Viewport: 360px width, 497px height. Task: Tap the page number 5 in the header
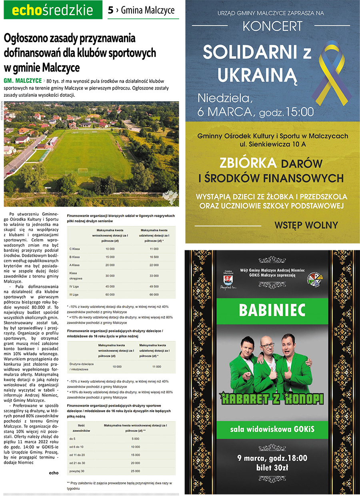pos(110,10)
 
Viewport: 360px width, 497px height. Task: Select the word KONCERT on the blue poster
pos(272,26)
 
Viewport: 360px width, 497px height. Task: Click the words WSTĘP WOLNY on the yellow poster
pos(306,225)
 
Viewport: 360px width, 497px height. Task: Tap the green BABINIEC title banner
pos(272,309)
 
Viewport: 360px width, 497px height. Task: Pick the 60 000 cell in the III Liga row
pos(110,294)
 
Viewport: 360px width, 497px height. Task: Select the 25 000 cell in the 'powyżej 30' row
pos(135,471)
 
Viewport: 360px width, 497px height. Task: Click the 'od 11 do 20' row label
pos(77,455)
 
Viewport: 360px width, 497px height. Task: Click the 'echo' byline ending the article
pos(53,473)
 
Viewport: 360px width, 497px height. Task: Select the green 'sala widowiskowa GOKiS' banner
pos(272,429)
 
